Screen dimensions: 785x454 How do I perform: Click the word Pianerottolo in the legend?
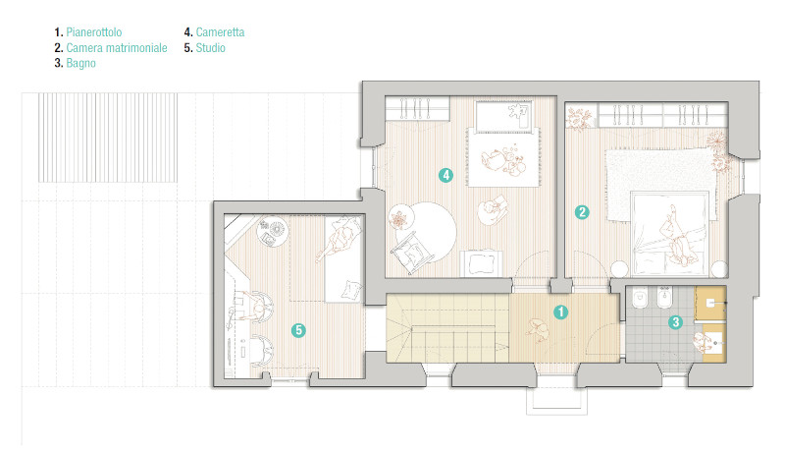[x=94, y=32]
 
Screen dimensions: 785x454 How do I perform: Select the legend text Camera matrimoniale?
[x=117, y=47]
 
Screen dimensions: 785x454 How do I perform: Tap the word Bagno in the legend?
[x=81, y=63]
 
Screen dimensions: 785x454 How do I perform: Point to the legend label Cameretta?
[x=220, y=32]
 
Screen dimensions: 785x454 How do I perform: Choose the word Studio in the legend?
[x=210, y=47]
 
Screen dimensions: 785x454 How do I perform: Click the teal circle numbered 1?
[x=560, y=312]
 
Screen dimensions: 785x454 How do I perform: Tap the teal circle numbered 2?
[x=582, y=212]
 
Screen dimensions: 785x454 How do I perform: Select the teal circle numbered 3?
[x=675, y=321]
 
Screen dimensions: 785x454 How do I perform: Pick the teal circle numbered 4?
[x=445, y=175]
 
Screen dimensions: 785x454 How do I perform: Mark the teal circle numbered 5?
[x=298, y=330]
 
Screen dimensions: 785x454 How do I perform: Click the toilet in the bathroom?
[x=640, y=298]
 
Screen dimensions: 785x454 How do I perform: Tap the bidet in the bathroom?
[x=664, y=298]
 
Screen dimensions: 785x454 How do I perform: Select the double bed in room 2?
[x=670, y=234]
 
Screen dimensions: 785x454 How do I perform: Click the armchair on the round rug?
[x=411, y=253]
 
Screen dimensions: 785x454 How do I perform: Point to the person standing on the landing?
[x=538, y=330]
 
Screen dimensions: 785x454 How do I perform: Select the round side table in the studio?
[x=274, y=233]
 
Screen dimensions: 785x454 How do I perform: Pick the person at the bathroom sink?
[x=703, y=342]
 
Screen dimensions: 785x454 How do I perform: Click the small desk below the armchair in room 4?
[x=481, y=262]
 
